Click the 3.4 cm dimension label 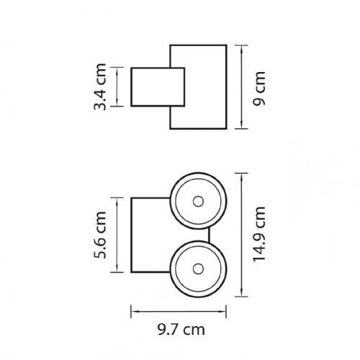point(100,86)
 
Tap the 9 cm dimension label point(259,89)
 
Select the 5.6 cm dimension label point(100,235)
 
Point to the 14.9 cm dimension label point(259,234)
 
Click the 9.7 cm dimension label point(181,330)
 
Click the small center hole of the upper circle point(198,202)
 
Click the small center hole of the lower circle point(198,269)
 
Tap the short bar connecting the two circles point(209,235)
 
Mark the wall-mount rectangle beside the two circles point(131,235)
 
